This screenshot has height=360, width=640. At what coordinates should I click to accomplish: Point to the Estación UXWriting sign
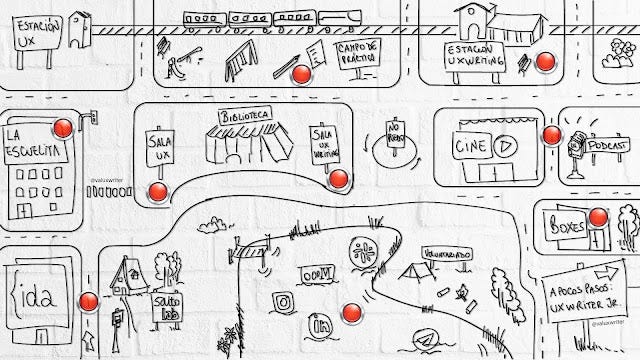[474, 58]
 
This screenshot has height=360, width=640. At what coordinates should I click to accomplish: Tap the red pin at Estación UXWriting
[545, 62]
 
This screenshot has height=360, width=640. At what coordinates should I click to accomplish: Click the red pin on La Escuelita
[63, 128]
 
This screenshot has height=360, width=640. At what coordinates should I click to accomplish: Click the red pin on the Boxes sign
[598, 216]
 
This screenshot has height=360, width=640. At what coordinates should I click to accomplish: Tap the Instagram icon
[283, 303]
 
